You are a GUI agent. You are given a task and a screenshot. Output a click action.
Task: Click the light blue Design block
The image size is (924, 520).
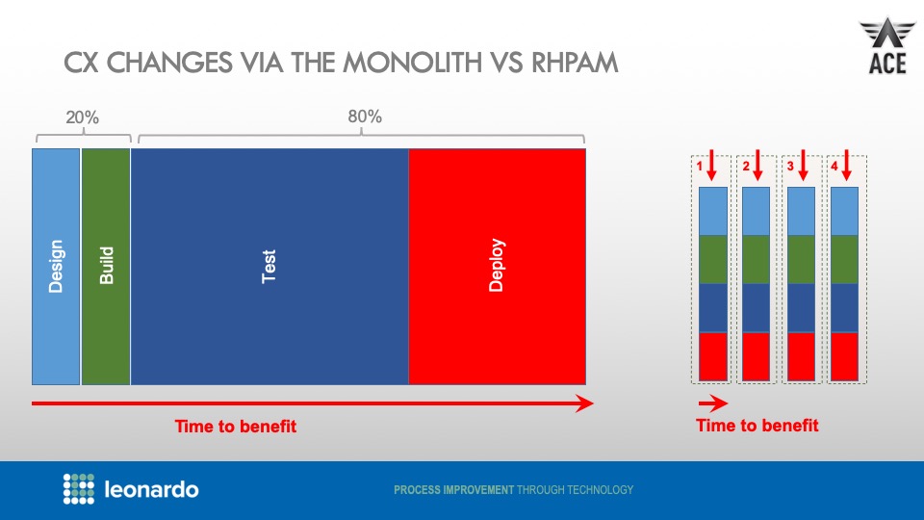[56, 266]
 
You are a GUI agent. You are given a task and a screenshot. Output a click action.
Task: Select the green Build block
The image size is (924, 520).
[106, 266]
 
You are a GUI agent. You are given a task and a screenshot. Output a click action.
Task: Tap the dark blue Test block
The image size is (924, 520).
[269, 266]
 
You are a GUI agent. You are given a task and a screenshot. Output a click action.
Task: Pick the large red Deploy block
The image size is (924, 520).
[497, 266]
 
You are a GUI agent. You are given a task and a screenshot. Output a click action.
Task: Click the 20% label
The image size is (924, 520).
[82, 118]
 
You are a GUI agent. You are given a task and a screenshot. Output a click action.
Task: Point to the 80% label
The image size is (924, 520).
[365, 117]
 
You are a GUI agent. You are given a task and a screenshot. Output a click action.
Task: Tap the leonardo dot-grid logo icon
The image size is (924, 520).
[78, 488]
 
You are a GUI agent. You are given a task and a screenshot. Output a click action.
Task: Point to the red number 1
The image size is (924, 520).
[700, 166]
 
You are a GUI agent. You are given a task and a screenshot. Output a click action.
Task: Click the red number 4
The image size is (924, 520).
[834, 166]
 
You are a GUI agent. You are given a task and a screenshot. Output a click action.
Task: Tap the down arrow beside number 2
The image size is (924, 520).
[757, 166]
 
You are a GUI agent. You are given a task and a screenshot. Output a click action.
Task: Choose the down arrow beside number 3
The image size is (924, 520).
[802, 166]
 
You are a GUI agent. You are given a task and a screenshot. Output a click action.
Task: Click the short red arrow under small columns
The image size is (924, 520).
[712, 403]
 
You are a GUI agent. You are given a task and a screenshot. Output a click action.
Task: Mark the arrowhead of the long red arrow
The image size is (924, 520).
[584, 403]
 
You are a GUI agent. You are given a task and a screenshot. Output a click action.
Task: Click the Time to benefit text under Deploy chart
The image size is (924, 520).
[236, 427]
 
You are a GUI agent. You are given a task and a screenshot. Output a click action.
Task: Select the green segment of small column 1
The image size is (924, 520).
[712, 259]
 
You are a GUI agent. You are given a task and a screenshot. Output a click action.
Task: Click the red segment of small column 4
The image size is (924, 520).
[844, 356]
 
